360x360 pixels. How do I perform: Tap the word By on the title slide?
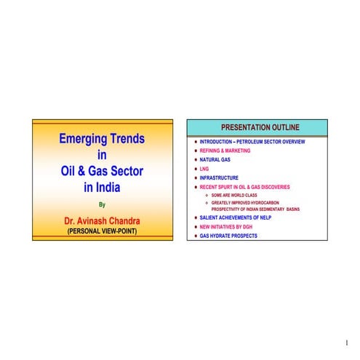102,204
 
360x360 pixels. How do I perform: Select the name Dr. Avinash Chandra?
102,220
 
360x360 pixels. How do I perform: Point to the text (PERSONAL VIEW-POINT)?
102,231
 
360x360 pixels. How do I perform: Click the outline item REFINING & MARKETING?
225,151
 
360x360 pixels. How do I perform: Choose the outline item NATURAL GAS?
216,159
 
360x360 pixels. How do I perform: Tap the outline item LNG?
204,169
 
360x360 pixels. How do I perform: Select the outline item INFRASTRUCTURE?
219,177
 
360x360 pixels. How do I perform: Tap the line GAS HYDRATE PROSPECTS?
228,236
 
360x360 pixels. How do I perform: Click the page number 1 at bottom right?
347,342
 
